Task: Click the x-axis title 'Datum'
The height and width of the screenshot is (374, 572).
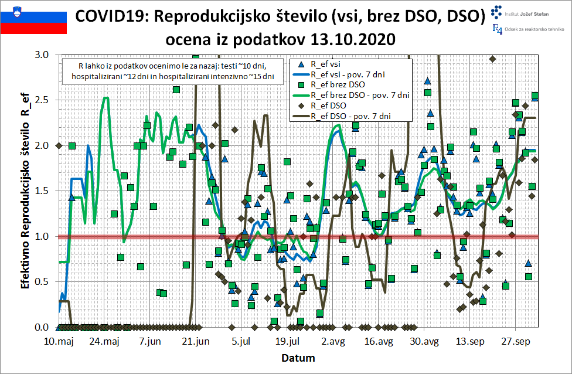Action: (x=298, y=358)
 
